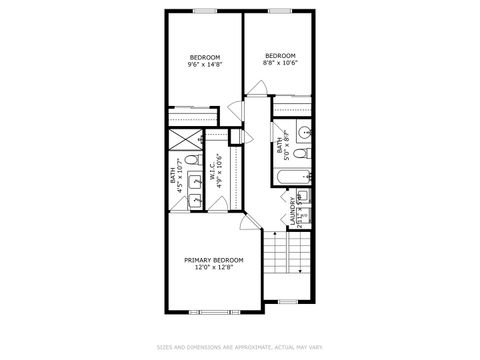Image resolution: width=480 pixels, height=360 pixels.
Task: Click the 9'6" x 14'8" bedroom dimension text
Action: pos(204,64)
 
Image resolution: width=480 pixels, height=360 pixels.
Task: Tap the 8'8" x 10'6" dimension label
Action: pos(280,62)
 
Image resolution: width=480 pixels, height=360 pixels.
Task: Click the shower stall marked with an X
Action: pos(186,140)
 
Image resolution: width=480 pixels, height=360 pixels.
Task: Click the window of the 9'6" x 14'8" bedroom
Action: pos(205,11)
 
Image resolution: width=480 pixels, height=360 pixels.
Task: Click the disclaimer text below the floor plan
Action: pos(240,347)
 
